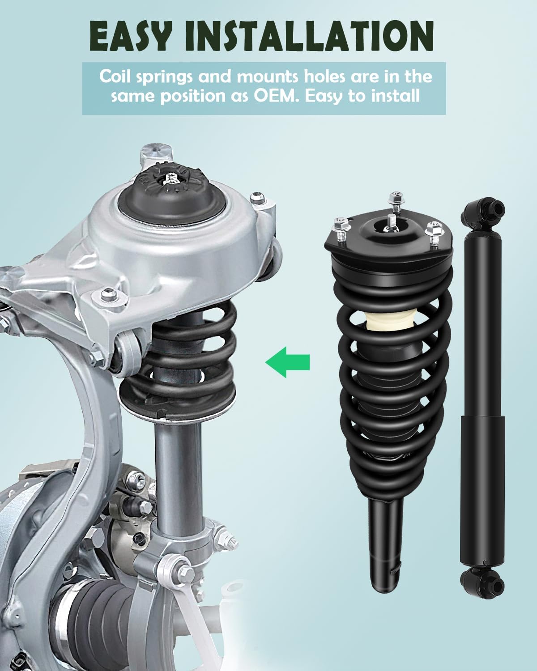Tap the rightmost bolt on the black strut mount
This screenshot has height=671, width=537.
click(x=434, y=232)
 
